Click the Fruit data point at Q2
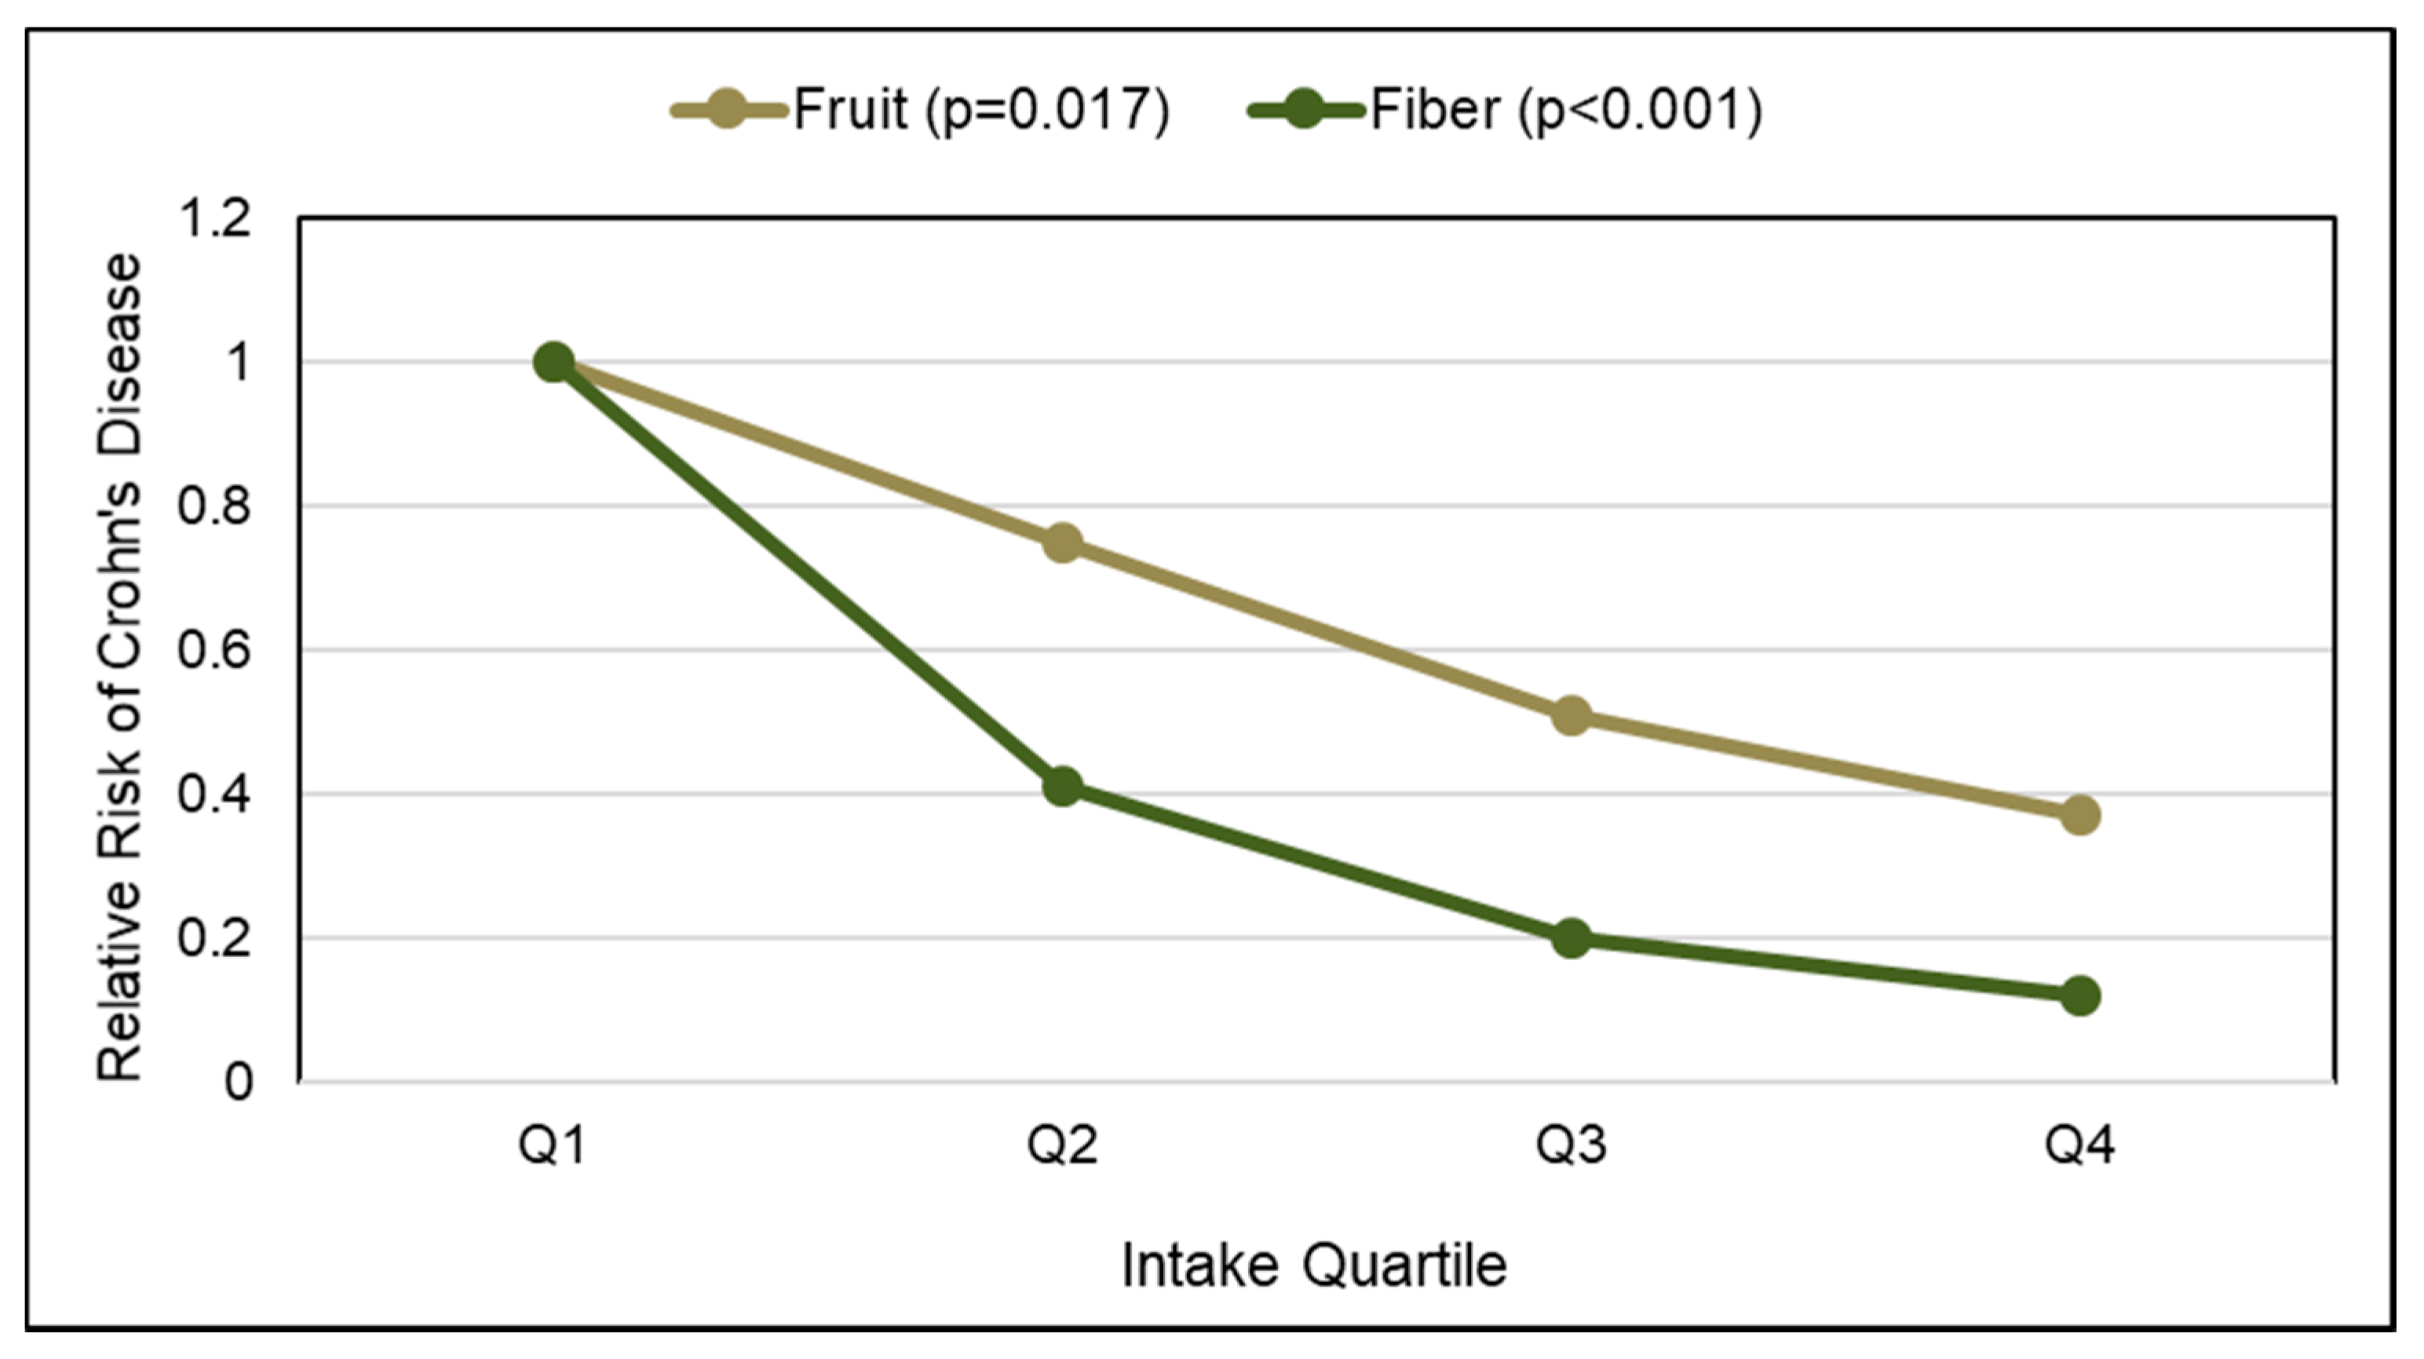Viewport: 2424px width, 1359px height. (x=1062, y=542)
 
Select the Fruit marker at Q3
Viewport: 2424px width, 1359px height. (x=1571, y=716)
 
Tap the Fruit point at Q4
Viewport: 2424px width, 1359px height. (x=2079, y=815)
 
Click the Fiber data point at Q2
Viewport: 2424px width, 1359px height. (x=1062, y=786)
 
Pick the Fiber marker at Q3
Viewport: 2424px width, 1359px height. (x=1571, y=938)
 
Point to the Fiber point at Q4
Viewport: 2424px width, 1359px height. (x=2079, y=996)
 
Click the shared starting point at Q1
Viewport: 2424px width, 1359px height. (x=553, y=363)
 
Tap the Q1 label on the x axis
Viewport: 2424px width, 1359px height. (x=553, y=1146)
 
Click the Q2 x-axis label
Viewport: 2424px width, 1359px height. (x=1062, y=1146)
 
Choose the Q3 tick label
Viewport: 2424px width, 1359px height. (x=1571, y=1146)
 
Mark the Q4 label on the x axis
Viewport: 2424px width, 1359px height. (x=2079, y=1146)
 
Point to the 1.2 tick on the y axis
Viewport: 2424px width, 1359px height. (x=216, y=219)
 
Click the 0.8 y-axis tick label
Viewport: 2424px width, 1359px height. (x=216, y=507)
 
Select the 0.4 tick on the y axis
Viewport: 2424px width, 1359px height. (x=216, y=795)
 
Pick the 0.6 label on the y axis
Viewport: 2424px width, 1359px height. (x=216, y=652)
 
